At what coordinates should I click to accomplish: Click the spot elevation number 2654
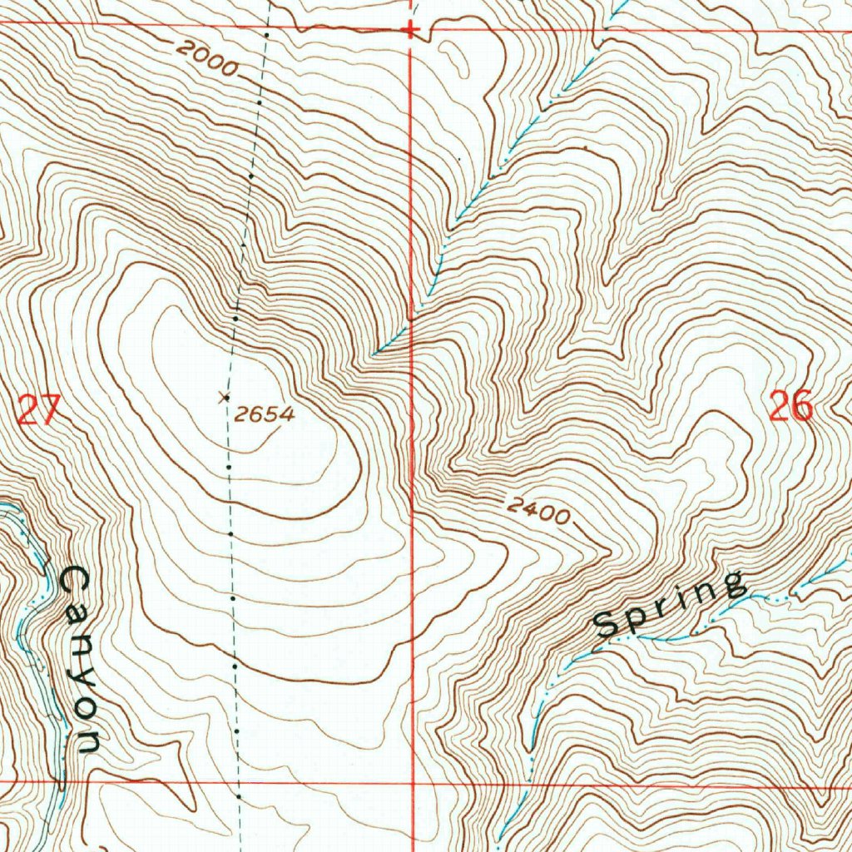pos(264,414)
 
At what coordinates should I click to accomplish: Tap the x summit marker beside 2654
pos(223,398)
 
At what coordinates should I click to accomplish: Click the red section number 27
pos(38,411)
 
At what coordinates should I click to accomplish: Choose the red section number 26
pos(790,408)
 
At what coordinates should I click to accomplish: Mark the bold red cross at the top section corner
pos(409,30)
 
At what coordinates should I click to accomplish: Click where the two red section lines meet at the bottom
pos(414,783)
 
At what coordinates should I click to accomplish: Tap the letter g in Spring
pos(732,584)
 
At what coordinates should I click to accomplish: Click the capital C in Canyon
pos(75,580)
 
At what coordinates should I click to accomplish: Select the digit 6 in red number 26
pos(801,408)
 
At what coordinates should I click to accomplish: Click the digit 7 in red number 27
pos(50,411)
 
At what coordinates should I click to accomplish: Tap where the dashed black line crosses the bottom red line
pos(238,783)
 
